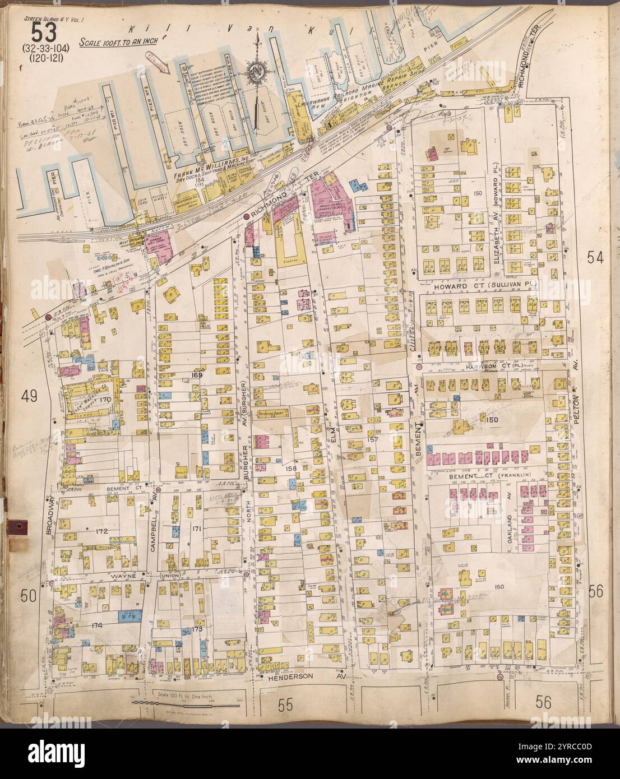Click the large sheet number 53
(x=44, y=33)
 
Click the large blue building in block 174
(x=129, y=617)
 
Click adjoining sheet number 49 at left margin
(x=29, y=397)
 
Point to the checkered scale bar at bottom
(x=200, y=702)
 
